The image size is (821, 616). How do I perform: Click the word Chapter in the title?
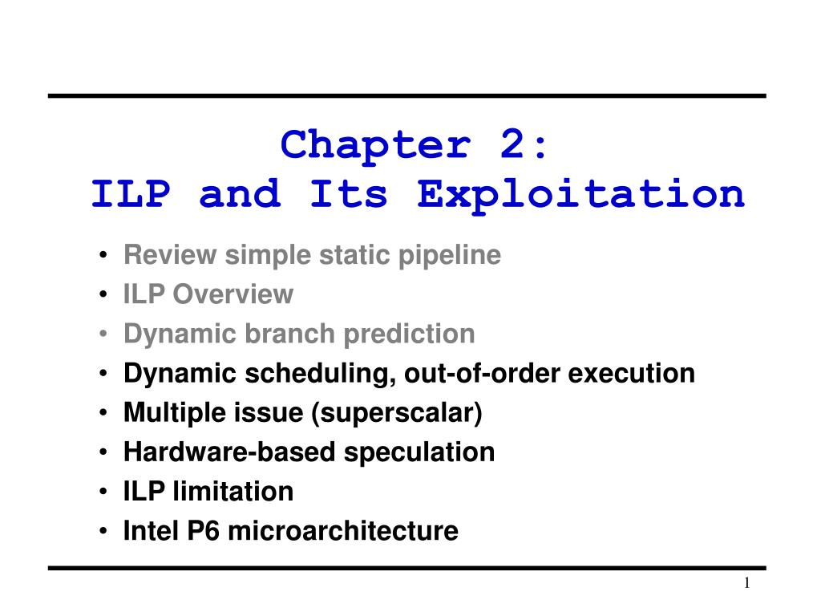375,147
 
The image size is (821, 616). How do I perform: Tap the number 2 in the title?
512,144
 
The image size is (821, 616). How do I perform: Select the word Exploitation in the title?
580,195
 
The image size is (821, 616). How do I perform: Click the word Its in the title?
348,193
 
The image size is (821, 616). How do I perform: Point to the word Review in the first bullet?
170,255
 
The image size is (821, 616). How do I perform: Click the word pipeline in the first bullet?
449,256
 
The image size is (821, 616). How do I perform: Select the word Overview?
233,294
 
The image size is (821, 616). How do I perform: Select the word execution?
632,373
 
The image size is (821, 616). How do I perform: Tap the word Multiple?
174,413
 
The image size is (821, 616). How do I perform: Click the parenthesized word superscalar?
396,413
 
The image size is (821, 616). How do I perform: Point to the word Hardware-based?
229,452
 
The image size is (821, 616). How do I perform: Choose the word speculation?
419,452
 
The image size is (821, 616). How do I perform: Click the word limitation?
233,492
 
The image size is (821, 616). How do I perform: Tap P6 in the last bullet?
203,531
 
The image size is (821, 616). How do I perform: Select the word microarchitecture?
343,531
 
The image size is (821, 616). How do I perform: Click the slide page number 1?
747,583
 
